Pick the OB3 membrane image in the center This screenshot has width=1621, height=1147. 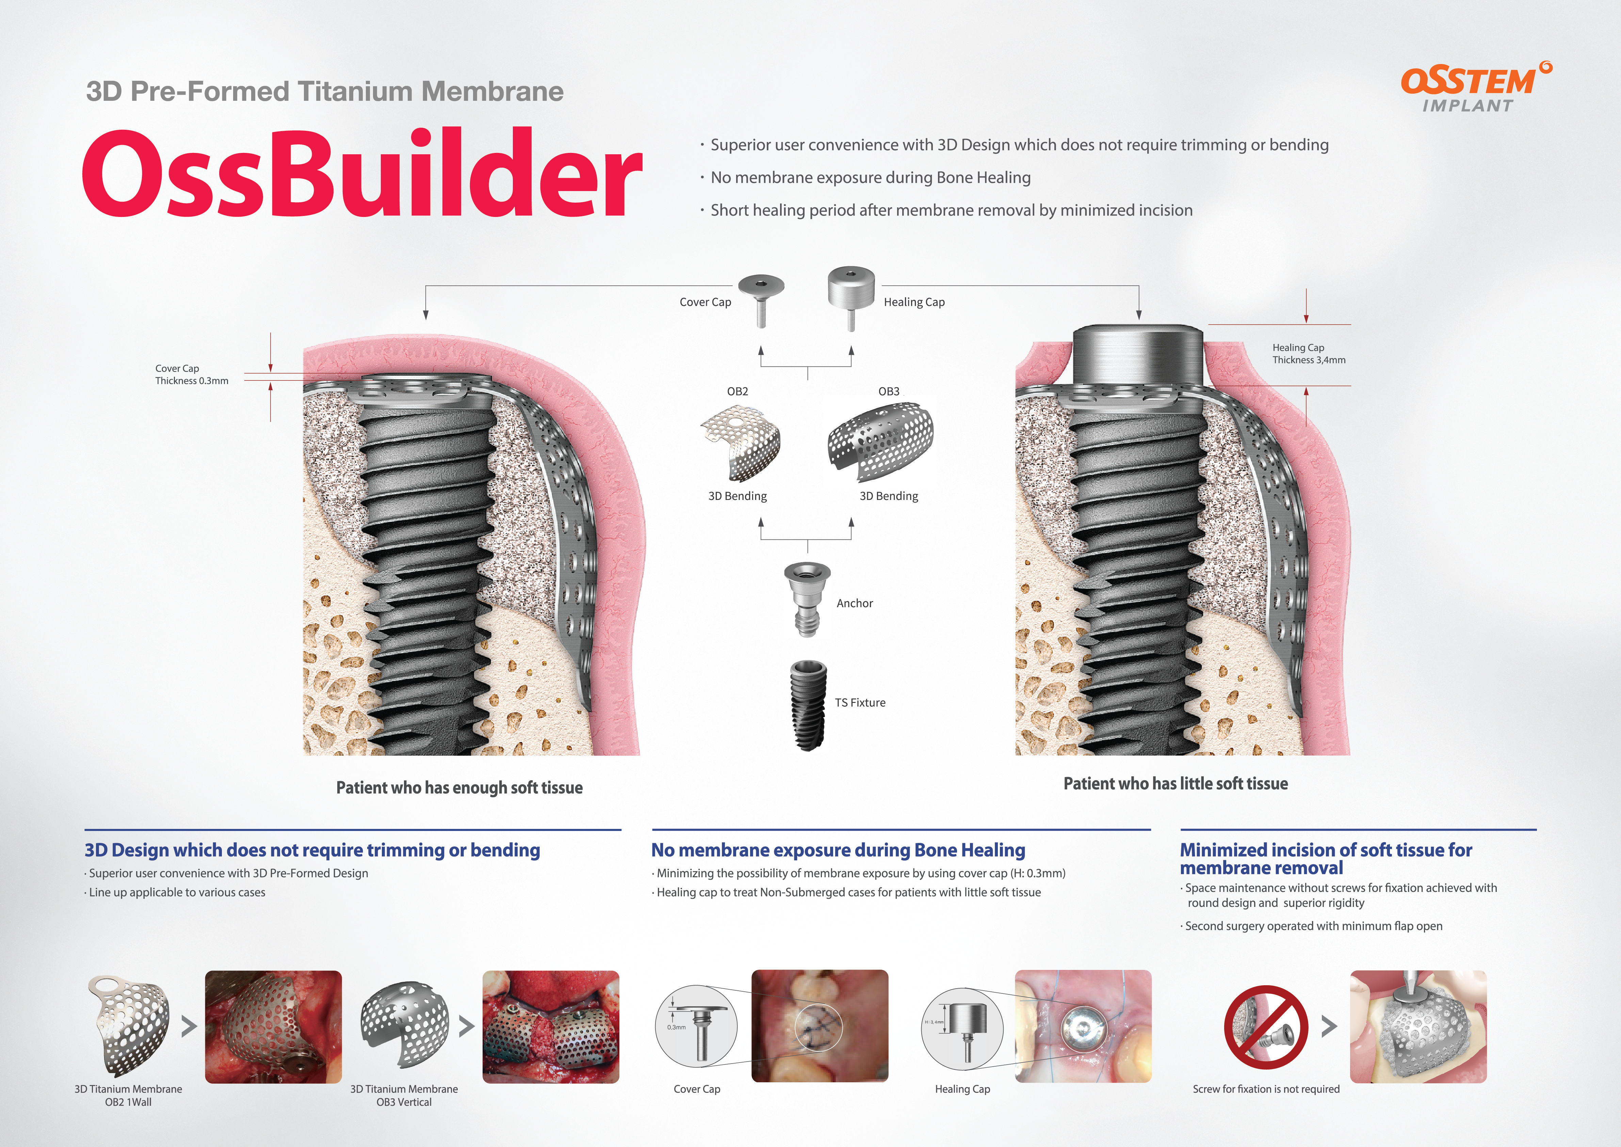pyautogui.click(x=880, y=438)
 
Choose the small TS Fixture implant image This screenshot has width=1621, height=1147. pyautogui.click(x=808, y=705)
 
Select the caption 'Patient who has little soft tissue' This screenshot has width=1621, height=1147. pyautogui.click(x=1176, y=783)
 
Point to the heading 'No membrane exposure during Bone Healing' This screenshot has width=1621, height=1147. pyautogui.click(x=838, y=850)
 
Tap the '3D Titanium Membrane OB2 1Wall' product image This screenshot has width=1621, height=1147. pyautogui.click(x=129, y=1025)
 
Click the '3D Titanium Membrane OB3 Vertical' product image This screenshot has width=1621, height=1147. pyautogui.click(x=405, y=1024)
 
